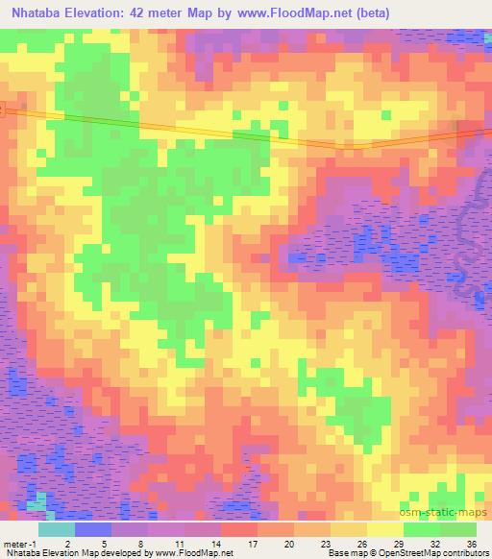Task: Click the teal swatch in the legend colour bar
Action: click(x=57, y=530)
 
